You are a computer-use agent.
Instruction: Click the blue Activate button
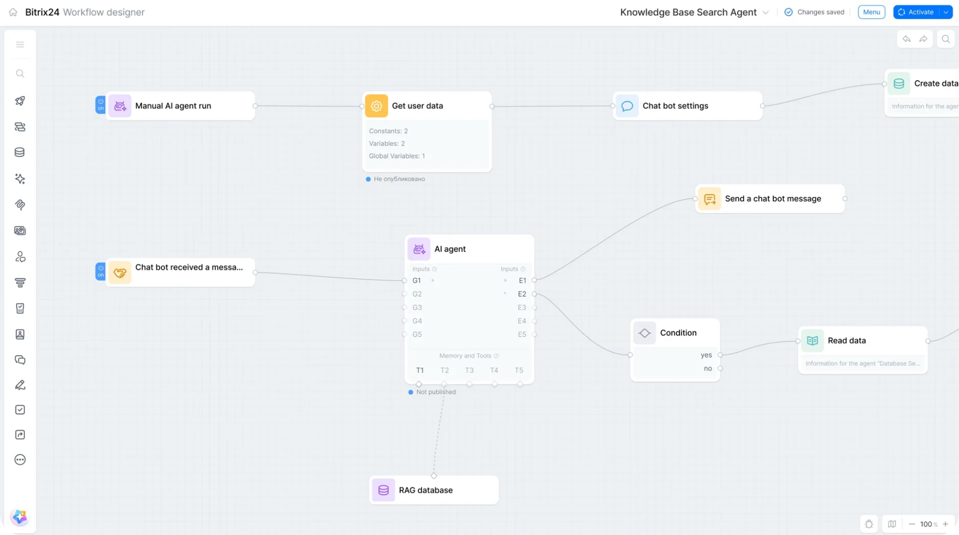click(x=916, y=12)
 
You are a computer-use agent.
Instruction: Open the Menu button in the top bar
click(x=872, y=12)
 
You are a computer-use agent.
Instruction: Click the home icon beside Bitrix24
click(x=13, y=12)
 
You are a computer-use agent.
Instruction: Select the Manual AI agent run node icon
click(x=120, y=106)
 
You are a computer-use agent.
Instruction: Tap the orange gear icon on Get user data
click(x=377, y=106)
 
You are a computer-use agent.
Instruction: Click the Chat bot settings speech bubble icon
click(x=627, y=106)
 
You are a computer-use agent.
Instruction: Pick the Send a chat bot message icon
click(x=710, y=199)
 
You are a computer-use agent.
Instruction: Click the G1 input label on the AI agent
click(x=417, y=281)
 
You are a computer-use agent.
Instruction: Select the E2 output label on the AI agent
click(x=522, y=294)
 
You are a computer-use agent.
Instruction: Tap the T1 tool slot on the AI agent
click(x=420, y=371)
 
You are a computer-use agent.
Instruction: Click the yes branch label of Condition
click(x=706, y=355)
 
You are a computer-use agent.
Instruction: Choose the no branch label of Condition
click(x=708, y=369)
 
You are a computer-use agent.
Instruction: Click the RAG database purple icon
click(x=384, y=491)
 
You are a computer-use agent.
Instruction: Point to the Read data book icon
click(x=813, y=341)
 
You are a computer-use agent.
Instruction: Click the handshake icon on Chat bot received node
click(x=120, y=273)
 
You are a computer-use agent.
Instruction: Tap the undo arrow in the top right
click(x=907, y=39)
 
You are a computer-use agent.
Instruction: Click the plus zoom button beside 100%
click(x=946, y=524)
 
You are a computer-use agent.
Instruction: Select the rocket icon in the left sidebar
click(x=20, y=101)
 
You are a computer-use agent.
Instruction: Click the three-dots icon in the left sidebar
click(x=20, y=460)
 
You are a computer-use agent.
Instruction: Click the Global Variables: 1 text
click(x=397, y=156)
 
